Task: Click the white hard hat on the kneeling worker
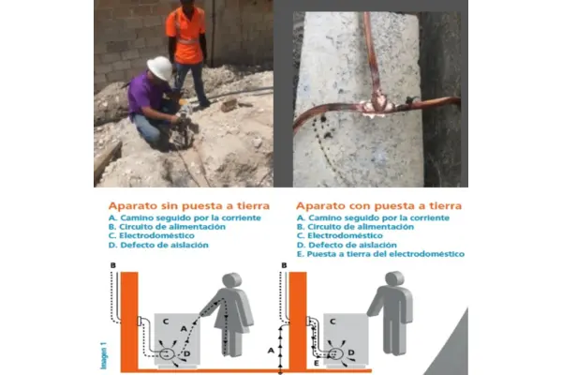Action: [160, 67]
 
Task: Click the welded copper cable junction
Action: [376, 106]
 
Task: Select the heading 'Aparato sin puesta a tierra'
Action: [189, 206]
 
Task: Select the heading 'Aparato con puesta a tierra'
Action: [378, 206]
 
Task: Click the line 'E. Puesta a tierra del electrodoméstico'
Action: [380, 254]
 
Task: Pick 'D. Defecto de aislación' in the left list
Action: [158, 245]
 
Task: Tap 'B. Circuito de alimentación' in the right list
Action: [355, 227]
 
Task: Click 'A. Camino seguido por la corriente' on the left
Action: [185, 217]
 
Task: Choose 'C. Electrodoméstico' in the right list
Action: [340, 235]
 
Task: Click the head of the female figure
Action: [232, 280]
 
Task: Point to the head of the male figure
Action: [394, 278]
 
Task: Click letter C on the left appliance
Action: [166, 322]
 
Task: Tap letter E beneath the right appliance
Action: [317, 363]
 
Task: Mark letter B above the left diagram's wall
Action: [113, 265]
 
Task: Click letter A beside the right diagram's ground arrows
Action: [271, 350]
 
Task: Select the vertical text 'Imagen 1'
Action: [104, 356]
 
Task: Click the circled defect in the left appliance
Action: [166, 354]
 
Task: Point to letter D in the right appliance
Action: [351, 352]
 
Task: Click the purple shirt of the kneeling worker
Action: [144, 94]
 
